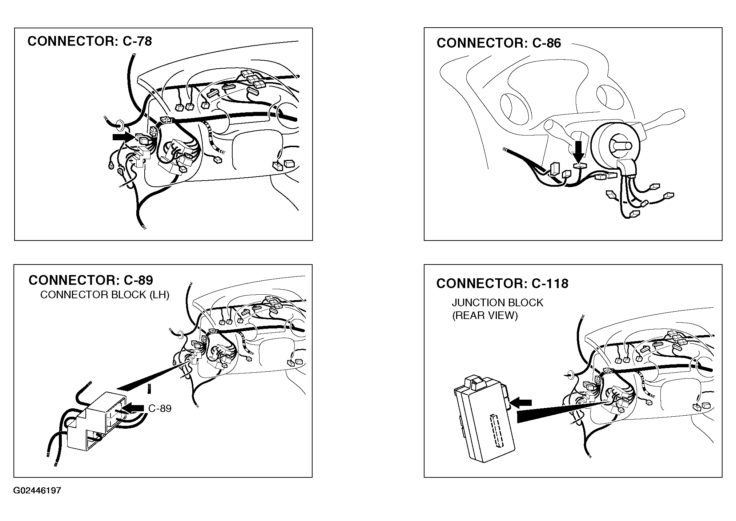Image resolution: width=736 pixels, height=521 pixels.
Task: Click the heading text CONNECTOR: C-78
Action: coord(89,41)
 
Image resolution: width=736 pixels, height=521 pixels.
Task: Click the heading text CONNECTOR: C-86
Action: coord(499,43)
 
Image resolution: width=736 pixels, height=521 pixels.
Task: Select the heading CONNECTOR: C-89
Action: coord(91,280)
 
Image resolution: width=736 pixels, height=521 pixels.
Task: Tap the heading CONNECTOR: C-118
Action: coord(502,283)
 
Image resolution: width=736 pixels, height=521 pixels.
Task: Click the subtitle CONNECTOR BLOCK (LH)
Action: coord(105,295)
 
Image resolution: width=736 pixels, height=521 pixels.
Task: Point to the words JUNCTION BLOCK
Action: coord(497,303)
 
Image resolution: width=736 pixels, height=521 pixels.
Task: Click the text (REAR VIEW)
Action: coord(485,315)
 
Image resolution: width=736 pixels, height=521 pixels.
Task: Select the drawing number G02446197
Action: coord(37,491)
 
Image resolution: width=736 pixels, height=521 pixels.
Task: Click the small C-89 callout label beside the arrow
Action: coord(160,408)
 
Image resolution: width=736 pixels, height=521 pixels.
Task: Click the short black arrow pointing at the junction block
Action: coord(521,403)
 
